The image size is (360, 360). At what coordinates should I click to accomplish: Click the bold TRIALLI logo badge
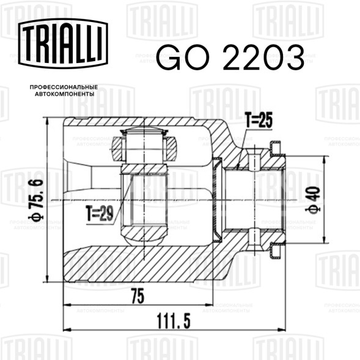(63, 43)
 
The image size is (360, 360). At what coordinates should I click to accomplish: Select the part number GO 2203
(230, 57)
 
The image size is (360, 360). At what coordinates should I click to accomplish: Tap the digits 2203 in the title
(263, 57)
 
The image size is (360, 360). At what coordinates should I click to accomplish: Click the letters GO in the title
(183, 57)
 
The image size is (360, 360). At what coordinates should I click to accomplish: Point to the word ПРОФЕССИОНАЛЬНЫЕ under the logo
(64, 87)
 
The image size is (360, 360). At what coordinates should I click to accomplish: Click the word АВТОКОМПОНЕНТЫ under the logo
(65, 94)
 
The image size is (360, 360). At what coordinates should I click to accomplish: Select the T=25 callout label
(259, 120)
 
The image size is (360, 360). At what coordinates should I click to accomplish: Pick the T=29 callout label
(100, 213)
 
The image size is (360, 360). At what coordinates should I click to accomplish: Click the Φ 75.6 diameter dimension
(37, 200)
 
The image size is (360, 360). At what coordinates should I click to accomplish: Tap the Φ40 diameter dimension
(314, 200)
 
